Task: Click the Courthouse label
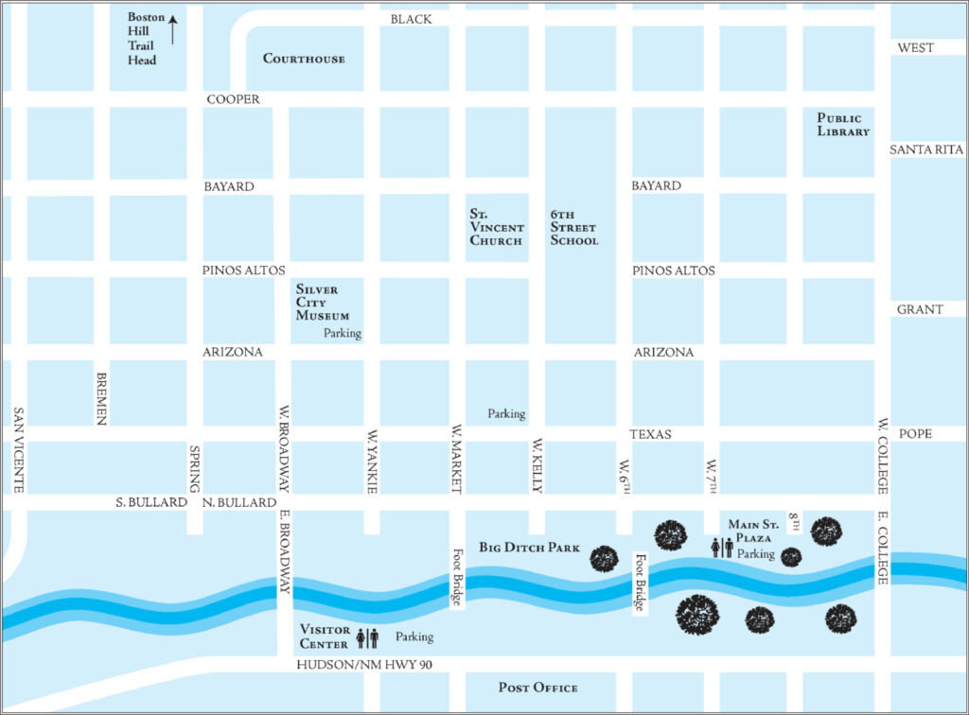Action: click(x=304, y=59)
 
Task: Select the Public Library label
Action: click(x=843, y=125)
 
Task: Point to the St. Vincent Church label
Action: click(x=497, y=228)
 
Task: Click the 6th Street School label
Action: click(x=574, y=228)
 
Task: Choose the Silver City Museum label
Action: click(x=323, y=303)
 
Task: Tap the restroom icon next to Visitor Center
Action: click(x=367, y=637)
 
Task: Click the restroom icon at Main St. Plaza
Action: click(x=722, y=548)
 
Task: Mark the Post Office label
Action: click(x=537, y=688)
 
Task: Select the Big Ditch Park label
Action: click(x=529, y=548)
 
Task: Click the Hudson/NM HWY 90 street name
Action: click(x=364, y=666)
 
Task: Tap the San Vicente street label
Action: click(x=17, y=450)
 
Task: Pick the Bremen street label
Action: click(x=102, y=397)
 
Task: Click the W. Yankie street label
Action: click(x=372, y=462)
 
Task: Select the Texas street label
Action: click(x=650, y=434)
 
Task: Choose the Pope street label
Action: click(x=915, y=434)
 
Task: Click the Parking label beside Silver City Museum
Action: click(x=342, y=334)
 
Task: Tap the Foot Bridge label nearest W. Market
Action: click(x=457, y=578)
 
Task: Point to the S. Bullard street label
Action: click(x=151, y=502)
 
